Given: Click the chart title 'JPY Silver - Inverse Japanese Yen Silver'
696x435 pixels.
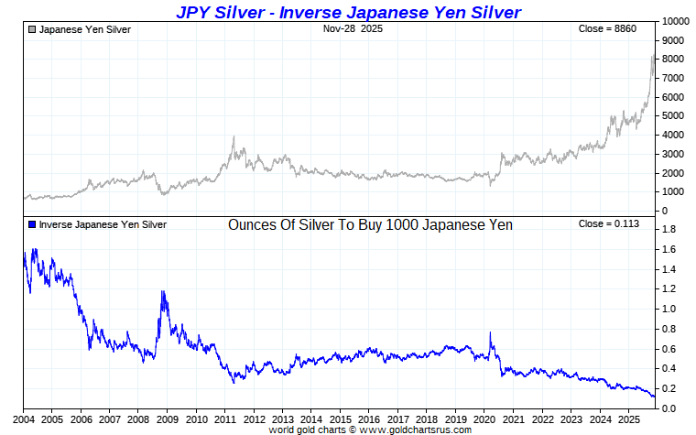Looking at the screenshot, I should pyautogui.click(x=348, y=11).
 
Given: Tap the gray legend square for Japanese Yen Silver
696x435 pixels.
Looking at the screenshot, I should pyautogui.click(x=33, y=29).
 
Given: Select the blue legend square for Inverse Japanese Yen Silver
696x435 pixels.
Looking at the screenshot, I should pyautogui.click(x=33, y=224).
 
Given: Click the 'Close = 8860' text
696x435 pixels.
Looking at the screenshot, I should pyautogui.click(x=607, y=29).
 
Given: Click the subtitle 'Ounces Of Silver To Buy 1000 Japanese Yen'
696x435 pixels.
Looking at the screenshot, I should pyautogui.click(x=370, y=224).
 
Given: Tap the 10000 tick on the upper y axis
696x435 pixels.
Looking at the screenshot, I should pyautogui.click(x=676, y=21).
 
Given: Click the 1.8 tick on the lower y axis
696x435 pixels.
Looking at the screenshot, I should pyautogui.click(x=669, y=230).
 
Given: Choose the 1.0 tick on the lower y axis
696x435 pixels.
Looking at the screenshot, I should pyautogui.click(x=669, y=309).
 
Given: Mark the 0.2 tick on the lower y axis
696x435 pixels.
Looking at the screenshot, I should pyautogui.click(x=669, y=388).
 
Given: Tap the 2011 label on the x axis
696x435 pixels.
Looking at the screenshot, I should pyautogui.click(x=225, y=419).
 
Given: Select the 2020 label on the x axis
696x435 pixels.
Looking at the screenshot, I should pyautogui.click(x=484, y=419).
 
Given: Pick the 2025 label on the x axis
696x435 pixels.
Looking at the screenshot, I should pyautogui.click(x=627, y=419).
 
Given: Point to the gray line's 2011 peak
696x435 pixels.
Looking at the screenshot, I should pyautogui.click(x=234, y=137).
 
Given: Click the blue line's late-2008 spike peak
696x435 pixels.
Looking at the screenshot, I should pyautogui.click(x=162, y=291).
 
